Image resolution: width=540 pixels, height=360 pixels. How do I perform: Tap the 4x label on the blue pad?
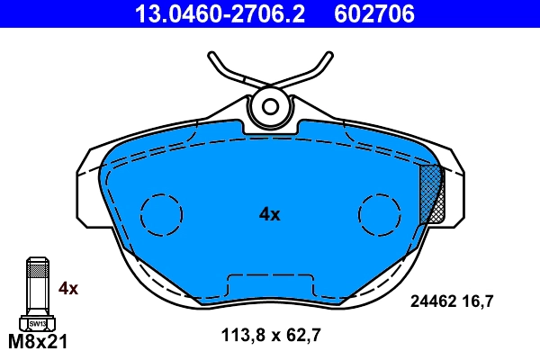coord(270,214)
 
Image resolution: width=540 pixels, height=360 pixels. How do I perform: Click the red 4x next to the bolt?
coord(68,289)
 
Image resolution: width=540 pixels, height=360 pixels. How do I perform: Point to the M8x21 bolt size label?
coord(38,342)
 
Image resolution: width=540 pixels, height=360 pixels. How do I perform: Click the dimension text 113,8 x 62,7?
coord(271,337)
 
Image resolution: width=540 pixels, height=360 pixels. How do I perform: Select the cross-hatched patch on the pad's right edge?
coord(433,193)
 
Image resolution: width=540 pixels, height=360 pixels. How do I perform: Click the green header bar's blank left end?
coord(54,13)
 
